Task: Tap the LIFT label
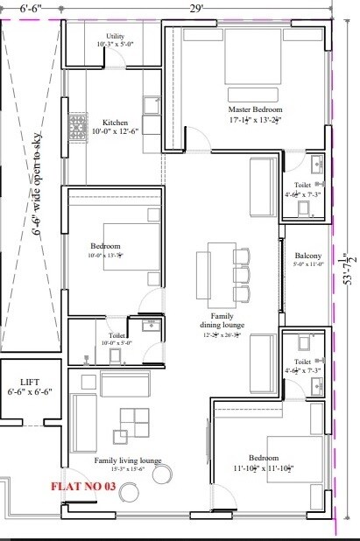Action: point(29,382)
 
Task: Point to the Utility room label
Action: point(115,36)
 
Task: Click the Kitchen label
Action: point(116,123)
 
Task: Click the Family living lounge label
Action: point(128,460)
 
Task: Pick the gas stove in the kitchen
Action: point(78,122)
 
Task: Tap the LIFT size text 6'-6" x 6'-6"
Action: point(29,393)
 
